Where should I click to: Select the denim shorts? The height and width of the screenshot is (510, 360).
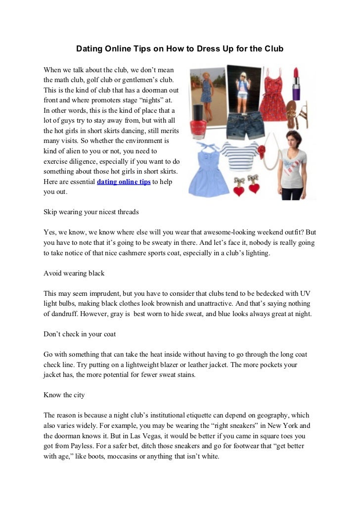tap(243, 125)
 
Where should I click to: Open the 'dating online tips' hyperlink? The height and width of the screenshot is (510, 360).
tap(124, 182)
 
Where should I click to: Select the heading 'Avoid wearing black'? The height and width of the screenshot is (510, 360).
tap(74, 273)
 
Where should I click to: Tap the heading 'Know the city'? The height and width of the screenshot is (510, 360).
tap(64, 395)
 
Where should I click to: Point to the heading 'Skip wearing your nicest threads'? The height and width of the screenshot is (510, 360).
tap(91, 212)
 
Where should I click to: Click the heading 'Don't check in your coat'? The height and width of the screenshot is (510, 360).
tap(80, 334)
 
